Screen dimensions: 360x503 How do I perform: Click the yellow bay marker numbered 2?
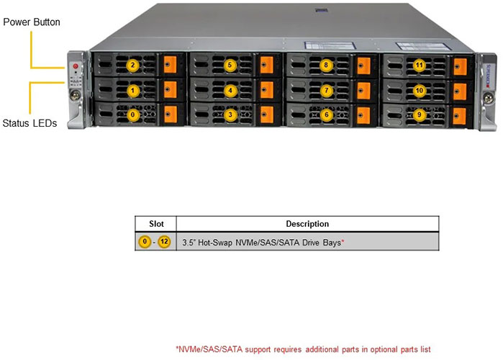pos(132,66)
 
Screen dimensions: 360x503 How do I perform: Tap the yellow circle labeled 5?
pos(230,66)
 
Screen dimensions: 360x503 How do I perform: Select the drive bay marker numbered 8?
pos(326,66)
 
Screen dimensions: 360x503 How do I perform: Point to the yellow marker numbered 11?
pos(420,66)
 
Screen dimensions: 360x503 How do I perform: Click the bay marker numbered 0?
pos(132,114)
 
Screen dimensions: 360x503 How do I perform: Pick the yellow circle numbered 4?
pos(230,91)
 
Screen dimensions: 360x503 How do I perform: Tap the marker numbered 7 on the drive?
pos(326,91)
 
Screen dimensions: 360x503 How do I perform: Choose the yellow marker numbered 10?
pos(420,91)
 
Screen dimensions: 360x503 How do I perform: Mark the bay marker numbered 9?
pos(420,114)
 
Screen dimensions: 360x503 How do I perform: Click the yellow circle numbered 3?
pos(230,114)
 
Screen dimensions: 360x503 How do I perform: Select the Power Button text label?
pos(32,22)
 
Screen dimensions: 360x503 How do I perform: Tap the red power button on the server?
pos(76,67)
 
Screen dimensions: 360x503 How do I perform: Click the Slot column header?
pos(155,224)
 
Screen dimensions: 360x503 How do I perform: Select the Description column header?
pos(307,224)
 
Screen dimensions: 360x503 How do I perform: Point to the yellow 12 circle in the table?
pos(165,242)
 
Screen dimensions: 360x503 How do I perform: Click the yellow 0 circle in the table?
pos(145,242)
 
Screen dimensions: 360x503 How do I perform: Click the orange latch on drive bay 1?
pos(170,89)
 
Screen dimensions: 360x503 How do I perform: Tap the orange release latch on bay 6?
pos(363,113)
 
